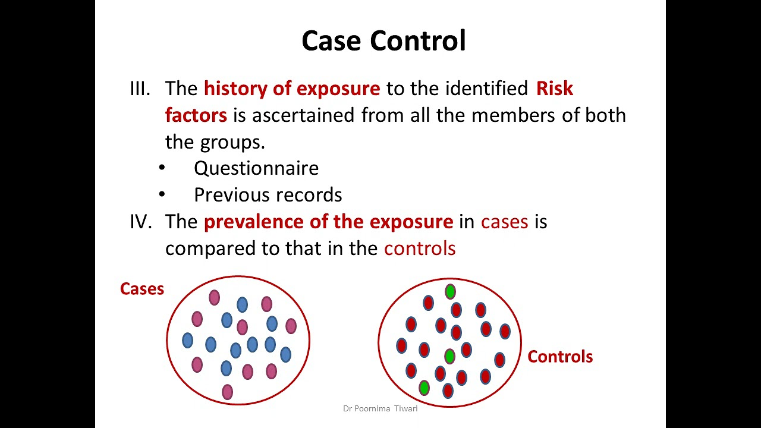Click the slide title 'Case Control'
point(383,41)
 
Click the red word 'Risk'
point(555,89)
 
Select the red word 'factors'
point(196,115)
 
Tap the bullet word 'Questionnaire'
point(256,168)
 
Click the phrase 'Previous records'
point(268,195)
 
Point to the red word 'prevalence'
point(254,222)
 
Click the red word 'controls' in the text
point(420,248)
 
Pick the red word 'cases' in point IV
point(505,222)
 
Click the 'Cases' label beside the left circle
point(142,289)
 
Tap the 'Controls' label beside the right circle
point(560,357)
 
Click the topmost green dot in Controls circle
point(450,291)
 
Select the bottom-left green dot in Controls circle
point(424,388)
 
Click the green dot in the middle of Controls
point(450,356)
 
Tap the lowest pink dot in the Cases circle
point(227,392)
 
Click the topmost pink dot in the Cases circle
point(214,298)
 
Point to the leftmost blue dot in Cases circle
point(187,341)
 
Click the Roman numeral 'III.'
point(140,89)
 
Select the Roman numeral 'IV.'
point(141,222)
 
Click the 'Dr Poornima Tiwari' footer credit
point(380,408)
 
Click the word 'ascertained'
point(303,115)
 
